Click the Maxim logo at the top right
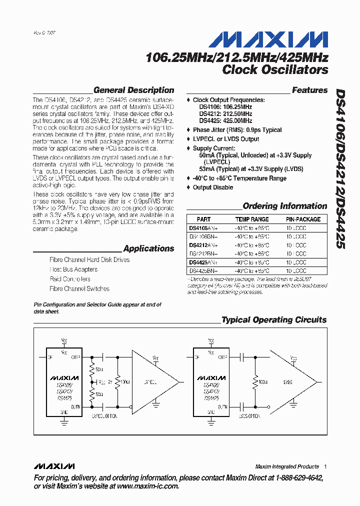(x=268, y=40)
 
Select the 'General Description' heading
(x=133, y=90)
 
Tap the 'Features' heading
(x=309, y=90)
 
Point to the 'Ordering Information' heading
(x=284, y=206)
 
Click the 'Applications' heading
(x=148, y=248)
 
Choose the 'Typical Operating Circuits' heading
(x=274, y=320)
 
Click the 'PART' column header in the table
(x=203, y=219)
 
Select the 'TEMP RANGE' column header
(x=252, y=219)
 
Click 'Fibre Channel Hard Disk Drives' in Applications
(x=89, y=260)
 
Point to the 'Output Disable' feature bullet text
(x=213, y=187)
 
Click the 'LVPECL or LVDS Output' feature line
(x=226, y=139)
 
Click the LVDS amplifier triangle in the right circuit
(x=290, y=381)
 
